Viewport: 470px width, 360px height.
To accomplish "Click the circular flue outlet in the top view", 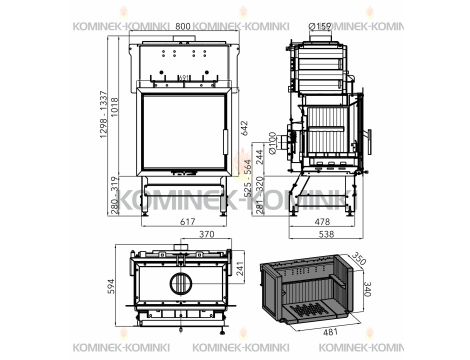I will pos(181,282).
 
